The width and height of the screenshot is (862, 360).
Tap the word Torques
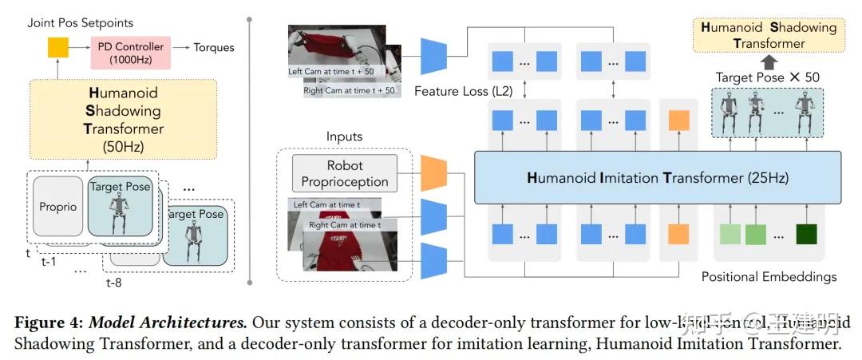214,48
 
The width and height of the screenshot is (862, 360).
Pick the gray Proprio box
57,207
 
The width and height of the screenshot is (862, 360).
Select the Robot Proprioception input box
345,173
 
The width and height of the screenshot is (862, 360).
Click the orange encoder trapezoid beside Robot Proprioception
433,173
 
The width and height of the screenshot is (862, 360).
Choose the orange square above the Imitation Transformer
678,121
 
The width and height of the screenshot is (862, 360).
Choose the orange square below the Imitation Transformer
678,234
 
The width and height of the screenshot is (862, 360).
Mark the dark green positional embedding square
806,234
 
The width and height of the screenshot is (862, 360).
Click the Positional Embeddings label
769,277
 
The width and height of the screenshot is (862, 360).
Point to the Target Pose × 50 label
768,77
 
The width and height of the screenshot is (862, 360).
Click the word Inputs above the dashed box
344,136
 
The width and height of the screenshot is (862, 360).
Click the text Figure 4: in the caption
49,323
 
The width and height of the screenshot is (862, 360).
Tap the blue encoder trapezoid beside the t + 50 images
434,54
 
